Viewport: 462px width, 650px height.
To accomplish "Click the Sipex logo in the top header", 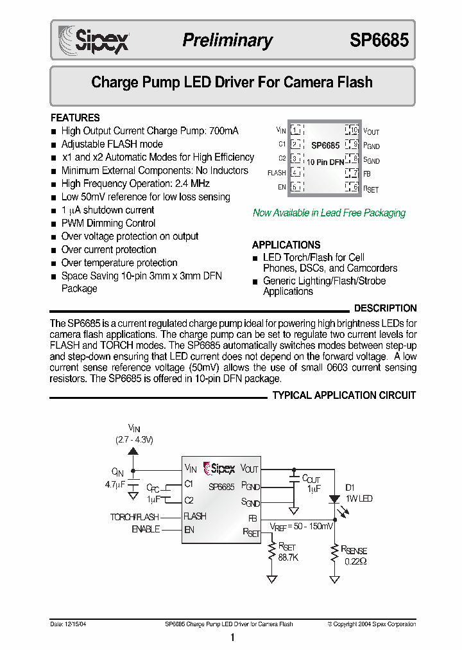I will point(94,39).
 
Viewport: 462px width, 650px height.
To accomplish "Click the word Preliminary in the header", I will point(227,40).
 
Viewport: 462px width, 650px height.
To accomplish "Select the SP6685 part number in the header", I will point(379,40).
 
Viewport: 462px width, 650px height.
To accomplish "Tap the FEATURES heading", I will point(75,118).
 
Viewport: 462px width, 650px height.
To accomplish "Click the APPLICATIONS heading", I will point(286,245).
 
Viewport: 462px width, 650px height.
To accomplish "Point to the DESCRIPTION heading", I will point(385,308).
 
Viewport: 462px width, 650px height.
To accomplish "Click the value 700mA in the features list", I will point(223,131).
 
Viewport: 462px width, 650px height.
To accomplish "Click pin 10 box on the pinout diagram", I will point(352,130).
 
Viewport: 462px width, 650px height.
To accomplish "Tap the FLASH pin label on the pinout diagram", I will point(277,173).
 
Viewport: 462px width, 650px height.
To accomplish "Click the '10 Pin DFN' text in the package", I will point(325,162).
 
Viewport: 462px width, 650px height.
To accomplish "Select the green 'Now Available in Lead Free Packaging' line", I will point(329,213).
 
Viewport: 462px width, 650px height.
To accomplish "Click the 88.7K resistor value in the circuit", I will point(288,558).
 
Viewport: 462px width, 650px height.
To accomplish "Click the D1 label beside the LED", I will point(350,487).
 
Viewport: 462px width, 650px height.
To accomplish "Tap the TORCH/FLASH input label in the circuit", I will point(135,516).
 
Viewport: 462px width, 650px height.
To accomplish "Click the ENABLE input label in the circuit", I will point(146,529).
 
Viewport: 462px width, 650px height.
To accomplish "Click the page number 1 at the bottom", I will point(232,638).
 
